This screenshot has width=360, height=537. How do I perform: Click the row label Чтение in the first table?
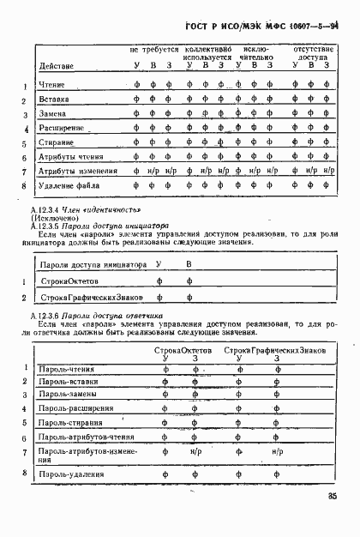tap(52, 85)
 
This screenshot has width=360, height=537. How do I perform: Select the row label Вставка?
tap(55, 100)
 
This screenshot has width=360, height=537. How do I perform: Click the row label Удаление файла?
tap(69, 185)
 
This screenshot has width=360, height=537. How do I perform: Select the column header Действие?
tap(57, 66)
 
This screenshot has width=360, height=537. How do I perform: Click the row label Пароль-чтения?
tap(67, 369)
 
